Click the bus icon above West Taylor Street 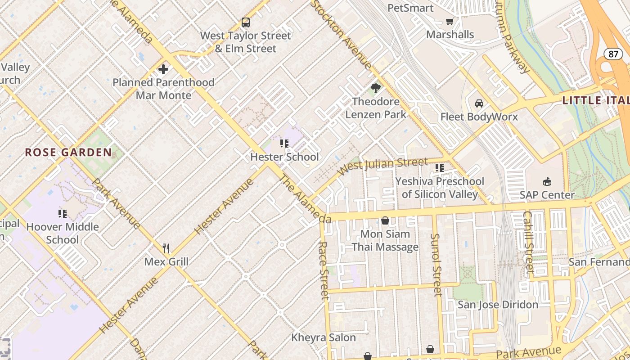245,22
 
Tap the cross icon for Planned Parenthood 163,69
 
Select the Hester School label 284,157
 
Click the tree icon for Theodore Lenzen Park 375,88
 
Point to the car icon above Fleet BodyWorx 479,103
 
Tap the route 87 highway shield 613,54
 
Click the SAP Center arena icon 547,182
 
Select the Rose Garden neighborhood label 68,153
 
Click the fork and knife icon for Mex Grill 166,248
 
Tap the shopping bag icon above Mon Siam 385,220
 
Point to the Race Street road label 324,270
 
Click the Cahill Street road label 528,243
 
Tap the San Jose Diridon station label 498,305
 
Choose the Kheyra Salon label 324,337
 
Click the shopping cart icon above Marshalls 450,21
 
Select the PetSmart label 410,8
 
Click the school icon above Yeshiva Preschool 440,168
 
